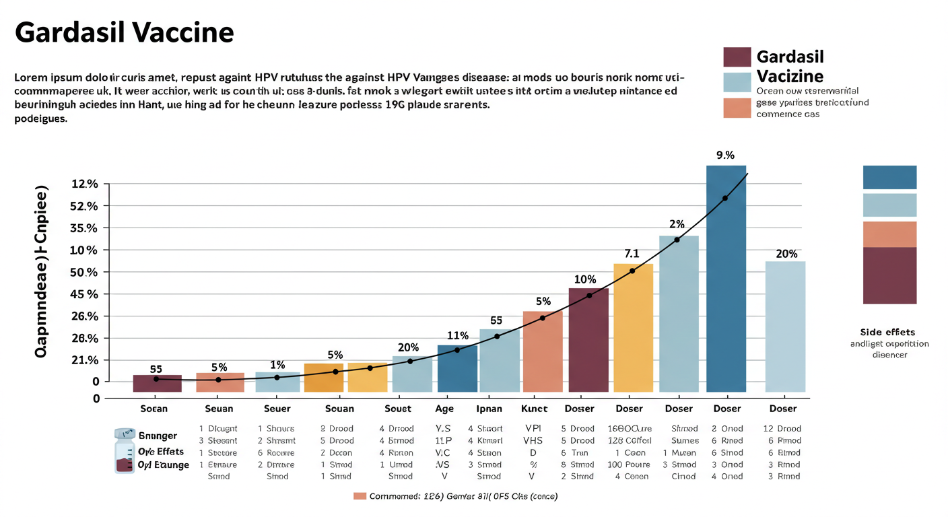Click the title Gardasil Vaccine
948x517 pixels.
tap(125, 32)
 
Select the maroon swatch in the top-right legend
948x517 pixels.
tap(737, 57)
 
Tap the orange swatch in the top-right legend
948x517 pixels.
tap(737, 108)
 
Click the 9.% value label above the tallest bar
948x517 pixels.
tap(725, 156)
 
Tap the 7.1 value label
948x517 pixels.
tap(632, 254)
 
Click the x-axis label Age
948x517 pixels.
tap(444, 409)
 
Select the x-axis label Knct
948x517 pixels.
tap(535, 409)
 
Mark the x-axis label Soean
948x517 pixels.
tap(154, 409)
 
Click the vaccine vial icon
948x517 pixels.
tap(124, 450)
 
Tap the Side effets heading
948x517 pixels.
tap(888, 332)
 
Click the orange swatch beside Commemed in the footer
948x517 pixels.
tap(360, 496)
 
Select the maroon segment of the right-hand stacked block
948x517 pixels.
tap(889, 275)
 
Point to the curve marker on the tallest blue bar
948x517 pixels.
tap(725, 198)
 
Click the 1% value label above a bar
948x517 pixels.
tap(277, 364)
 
